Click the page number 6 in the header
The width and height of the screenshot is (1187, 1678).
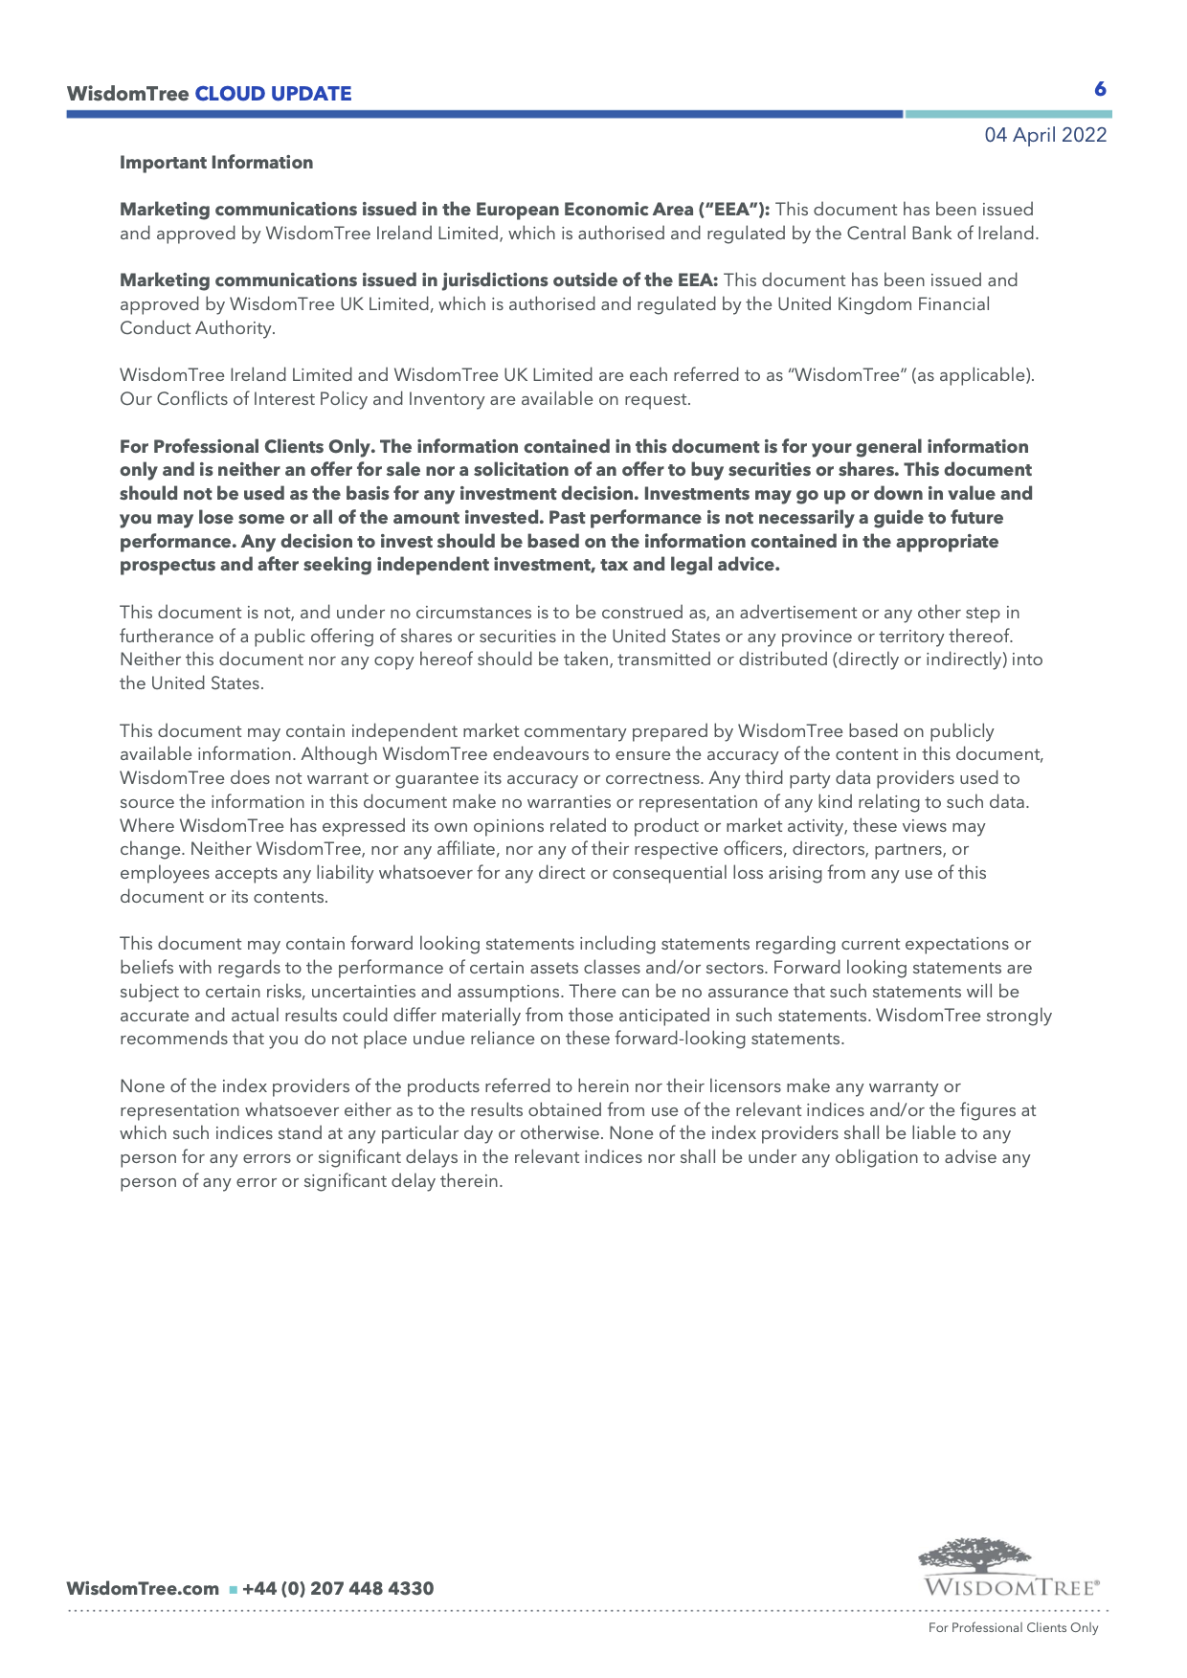[x=1100, y=89]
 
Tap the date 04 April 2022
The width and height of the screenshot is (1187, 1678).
[x=1045, y=135]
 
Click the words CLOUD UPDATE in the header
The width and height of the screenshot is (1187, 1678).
[x=273, y=94]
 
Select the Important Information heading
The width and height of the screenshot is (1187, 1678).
[x=216, y=163]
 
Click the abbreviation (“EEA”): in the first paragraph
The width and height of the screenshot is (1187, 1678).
[x=732, y=210]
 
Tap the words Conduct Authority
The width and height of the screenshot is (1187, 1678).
[x=197, y=328]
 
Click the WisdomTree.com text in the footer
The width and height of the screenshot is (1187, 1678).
[x=143, y=1589]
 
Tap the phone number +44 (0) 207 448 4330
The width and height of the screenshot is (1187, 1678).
[x=338, y=1589]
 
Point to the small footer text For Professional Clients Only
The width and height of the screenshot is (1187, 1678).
[x=1013, y=1628]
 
